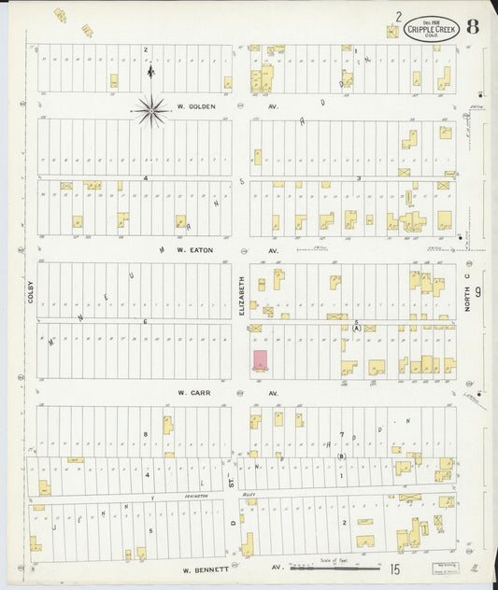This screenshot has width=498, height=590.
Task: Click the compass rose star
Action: pos(151,111)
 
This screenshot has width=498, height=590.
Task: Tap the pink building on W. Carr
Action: pos(260,360)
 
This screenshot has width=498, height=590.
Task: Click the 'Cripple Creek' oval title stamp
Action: pos(432,28)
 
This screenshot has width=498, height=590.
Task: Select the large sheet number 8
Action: pos(474,25)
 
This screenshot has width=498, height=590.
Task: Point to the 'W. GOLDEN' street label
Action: pos(196,106)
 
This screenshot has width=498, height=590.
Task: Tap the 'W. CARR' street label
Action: pos(196,393)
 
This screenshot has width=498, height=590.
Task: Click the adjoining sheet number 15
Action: pos(396,568)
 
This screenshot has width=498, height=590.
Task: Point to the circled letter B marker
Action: pos(342,457)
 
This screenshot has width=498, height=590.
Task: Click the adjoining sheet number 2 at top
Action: pos(398,17)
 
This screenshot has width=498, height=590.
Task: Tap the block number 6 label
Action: pos(146,321)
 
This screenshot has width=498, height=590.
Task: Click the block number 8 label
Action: pos(146,435)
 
